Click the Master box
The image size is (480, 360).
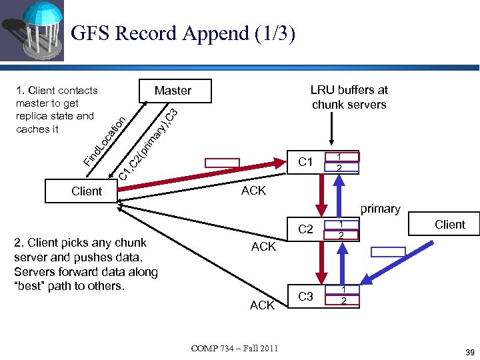pos(173,91)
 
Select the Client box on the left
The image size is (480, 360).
pos(87,191)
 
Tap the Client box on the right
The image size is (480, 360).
pos(450,225)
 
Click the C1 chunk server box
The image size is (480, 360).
pos(306,162)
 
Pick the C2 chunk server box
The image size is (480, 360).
pos(306,229)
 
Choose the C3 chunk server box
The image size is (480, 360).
pos(306,296)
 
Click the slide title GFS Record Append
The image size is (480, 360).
pos(182,33)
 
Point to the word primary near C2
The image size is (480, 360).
pos(380,209)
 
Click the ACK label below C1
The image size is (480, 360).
pos(253,191)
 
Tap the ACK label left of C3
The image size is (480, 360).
pos(262,305)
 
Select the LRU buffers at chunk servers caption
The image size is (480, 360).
pos(349,97)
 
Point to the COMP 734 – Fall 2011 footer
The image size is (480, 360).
pos(235,348)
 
